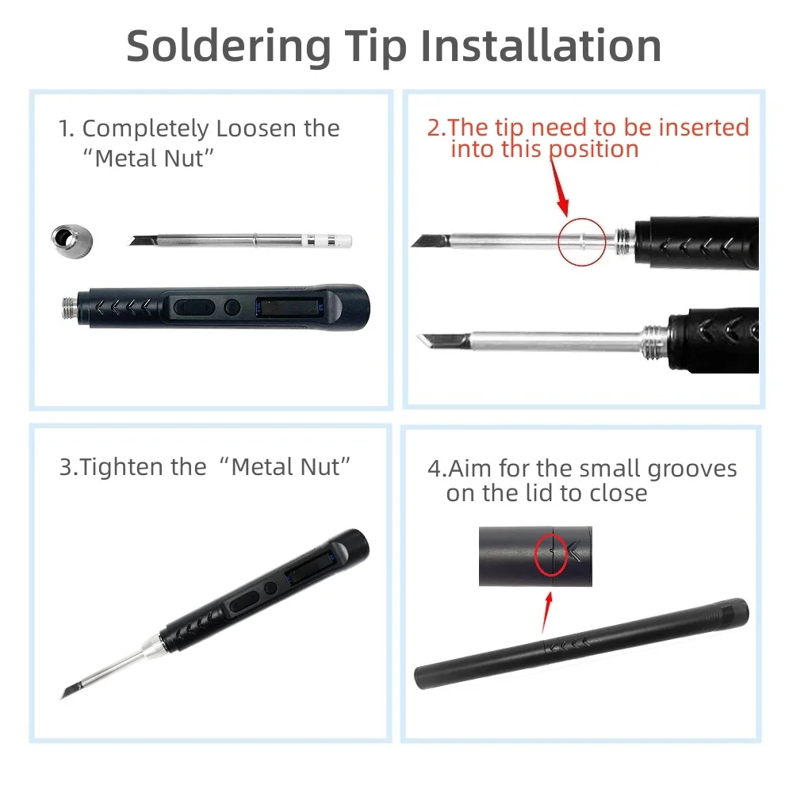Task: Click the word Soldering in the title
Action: coord(228,48)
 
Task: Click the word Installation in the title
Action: coord(541,46)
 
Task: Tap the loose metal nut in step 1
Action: coord(72,241)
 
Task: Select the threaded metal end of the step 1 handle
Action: coord(70,308)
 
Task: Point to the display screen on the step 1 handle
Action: coord(289,308)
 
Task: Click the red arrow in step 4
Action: coord(546,612)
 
